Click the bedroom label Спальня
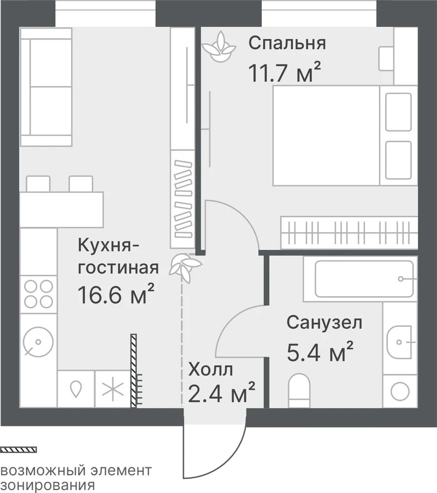287,43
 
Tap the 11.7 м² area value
285,72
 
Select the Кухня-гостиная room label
118,256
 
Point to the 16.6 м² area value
116,294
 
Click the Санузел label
325,323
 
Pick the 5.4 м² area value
320,352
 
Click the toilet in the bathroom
299,390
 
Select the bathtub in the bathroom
361,279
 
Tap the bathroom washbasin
399,342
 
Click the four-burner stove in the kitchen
38,294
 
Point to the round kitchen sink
38,342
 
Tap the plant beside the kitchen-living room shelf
185,267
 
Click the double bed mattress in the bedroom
326,136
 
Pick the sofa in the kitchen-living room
46,87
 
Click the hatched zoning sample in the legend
18,450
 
